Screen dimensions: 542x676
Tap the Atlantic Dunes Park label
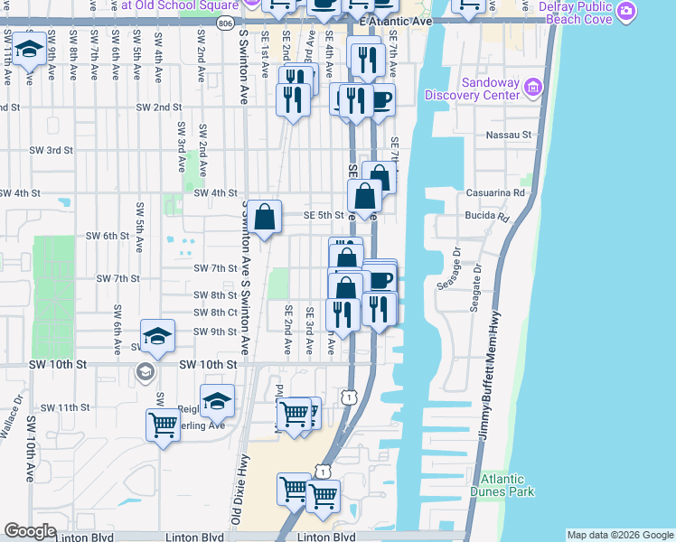coord(508,485)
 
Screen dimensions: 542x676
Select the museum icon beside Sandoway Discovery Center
coord(533,87)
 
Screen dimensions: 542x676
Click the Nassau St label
coord(509,135)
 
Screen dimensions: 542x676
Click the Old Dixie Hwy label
coord(239,489)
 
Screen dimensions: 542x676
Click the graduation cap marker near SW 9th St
coord(158,336)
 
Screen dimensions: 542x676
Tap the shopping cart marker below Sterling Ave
coord(163,424)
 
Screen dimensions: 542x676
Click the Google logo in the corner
coord(30,531)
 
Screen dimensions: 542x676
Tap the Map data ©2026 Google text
coord(619,535)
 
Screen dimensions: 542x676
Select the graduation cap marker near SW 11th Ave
coord(30,50)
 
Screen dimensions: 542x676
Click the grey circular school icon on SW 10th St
coord(145,371)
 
